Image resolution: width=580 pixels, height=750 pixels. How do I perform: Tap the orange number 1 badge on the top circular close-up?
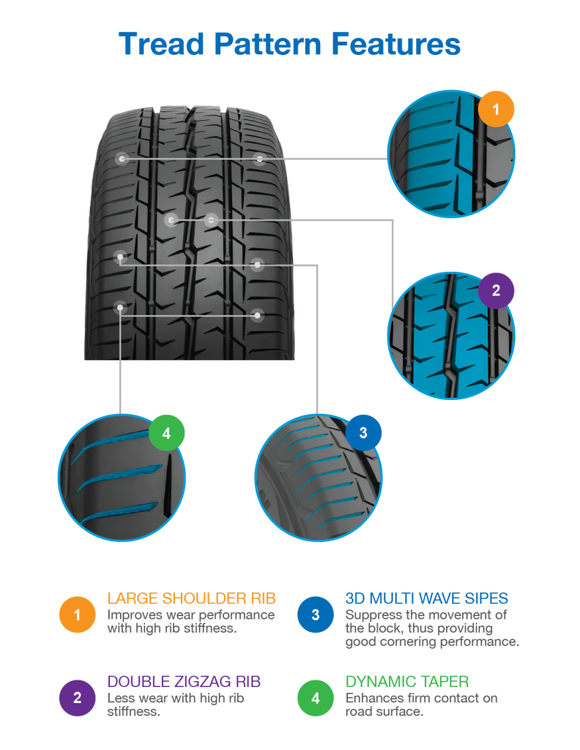pos(496,111)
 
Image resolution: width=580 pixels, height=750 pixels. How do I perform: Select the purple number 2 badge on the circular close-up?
pos(496,291)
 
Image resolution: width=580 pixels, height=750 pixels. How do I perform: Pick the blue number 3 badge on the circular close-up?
pos(363,433)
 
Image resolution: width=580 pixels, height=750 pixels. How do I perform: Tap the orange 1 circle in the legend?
pos(77,614)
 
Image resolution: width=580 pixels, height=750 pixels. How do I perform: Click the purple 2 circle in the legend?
pos(77,697)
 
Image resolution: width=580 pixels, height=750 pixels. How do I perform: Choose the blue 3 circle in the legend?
pos(315,614)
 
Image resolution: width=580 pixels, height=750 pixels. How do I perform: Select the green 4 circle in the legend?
pos(315,697)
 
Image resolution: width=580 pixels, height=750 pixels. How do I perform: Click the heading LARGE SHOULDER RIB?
pos(191,598)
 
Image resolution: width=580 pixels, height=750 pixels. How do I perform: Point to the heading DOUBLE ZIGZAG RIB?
pos(184,682)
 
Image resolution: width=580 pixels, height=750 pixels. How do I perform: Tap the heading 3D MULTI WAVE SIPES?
pos(426,598)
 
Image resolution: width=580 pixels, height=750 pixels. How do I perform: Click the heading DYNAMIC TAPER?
pos(407,682)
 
